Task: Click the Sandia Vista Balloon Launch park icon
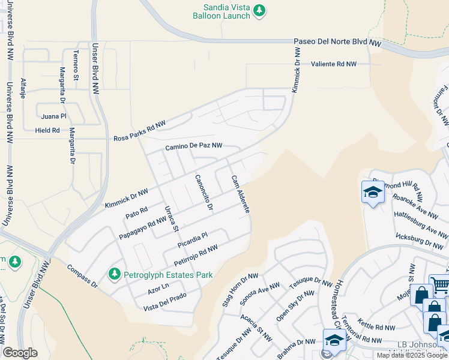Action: (x=259, y=11)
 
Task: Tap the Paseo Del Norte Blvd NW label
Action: (x=337, y=43)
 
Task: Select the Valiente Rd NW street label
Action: (x=333, y=64)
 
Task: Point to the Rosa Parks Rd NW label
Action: (x=139, y=131)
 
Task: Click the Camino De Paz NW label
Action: (x=193, y=146)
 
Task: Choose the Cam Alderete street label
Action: (x=240, y=196)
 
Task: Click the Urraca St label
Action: (x=172, y=218)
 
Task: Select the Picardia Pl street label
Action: (x=193, y=241)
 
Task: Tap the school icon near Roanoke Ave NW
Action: (x=372, y=193)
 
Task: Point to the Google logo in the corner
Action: (x=20, y=353)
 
